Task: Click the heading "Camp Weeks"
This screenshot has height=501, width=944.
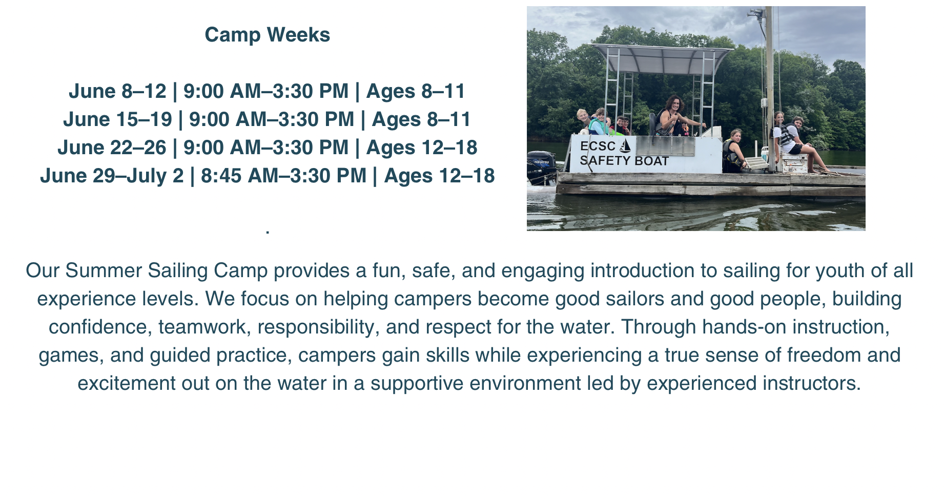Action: point(267,35)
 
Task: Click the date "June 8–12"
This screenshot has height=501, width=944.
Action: point(117,91)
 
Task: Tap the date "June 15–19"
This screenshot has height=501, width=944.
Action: point(117,119)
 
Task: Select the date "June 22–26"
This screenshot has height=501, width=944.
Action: point(112,148)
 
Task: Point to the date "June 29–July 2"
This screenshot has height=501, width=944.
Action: point(112,176)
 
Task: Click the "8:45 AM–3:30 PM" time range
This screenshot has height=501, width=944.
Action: point(283,176)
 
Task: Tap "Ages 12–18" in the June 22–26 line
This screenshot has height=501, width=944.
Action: point(422,148)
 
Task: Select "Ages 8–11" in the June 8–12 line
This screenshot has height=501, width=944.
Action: point(416,91)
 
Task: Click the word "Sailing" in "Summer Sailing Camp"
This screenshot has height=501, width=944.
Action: point(178,270)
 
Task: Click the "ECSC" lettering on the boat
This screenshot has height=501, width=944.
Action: point(598,146)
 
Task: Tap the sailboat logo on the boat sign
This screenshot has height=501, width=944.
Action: point(625,145)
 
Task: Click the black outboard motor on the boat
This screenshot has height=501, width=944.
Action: point(541,167)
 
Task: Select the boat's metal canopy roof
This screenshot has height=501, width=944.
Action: point(663,57)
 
